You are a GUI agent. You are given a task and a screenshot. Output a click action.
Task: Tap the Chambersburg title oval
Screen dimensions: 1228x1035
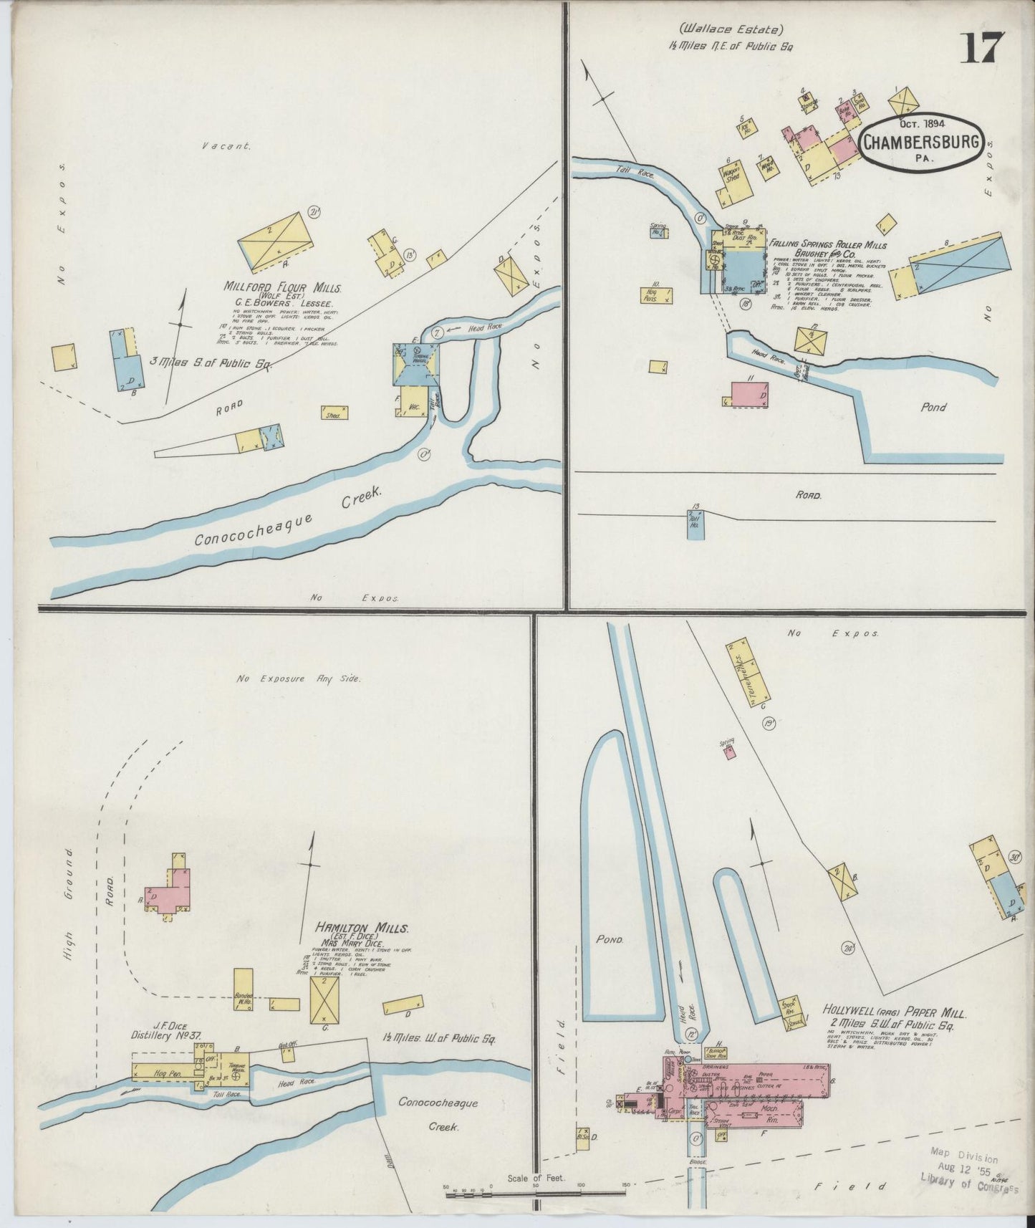[921, 141]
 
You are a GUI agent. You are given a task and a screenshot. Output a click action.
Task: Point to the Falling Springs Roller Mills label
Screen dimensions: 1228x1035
[828, 245]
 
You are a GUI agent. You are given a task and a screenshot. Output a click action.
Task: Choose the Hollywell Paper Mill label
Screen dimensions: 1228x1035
[894, 1014]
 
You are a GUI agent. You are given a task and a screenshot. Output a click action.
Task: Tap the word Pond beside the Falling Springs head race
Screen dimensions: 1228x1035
[933, 407]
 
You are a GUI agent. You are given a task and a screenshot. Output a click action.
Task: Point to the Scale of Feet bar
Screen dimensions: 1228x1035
[536, 1193]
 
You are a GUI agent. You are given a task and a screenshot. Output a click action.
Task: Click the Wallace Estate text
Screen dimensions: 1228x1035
[731, 30]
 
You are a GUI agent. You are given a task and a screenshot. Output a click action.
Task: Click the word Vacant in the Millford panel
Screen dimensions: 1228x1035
[226, 146]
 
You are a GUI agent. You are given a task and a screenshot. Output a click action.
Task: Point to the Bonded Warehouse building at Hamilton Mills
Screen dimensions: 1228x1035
[243, 989]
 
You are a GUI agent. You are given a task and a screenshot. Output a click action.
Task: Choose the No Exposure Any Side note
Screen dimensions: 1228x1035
[299, 678]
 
